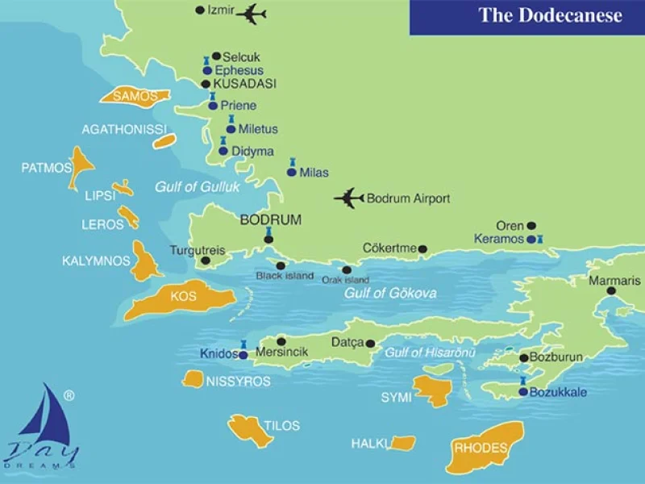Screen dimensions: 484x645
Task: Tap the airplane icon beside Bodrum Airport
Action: (349, 198)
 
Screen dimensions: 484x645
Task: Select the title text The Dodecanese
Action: (550, 15)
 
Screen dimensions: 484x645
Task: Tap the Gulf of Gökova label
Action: (390, 293)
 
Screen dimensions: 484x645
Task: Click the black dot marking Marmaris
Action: (611, 290)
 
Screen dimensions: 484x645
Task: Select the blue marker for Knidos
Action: (243, 354)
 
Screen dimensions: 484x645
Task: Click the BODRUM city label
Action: (271, 219)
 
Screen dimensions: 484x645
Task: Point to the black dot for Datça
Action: (371, 343)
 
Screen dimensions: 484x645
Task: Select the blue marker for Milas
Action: (292, 172)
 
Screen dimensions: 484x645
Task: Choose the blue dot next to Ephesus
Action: (207, 71)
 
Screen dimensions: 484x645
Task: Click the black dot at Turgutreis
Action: (205, 261)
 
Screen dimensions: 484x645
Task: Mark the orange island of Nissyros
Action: (193, 379)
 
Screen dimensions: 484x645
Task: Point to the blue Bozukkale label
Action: (558, 393)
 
